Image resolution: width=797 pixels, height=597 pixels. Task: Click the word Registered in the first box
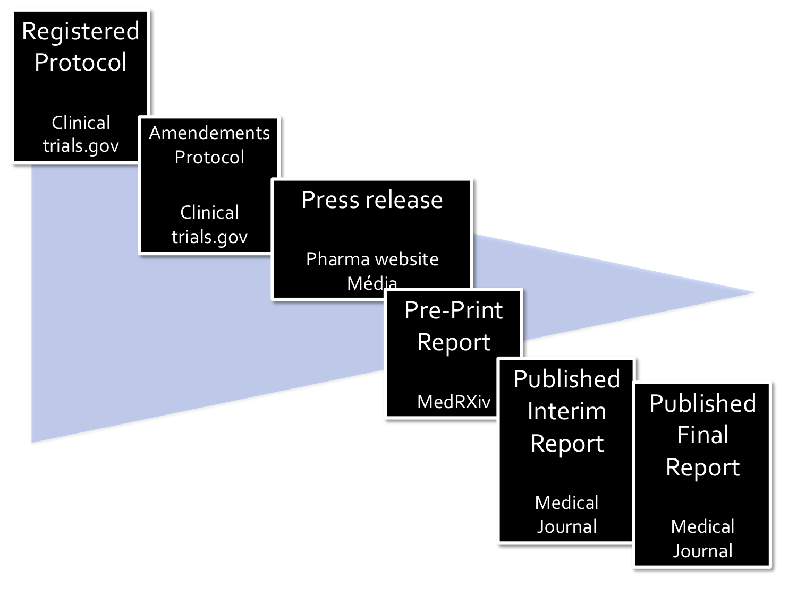[80, 31]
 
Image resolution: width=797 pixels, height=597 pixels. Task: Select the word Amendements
[209, 133]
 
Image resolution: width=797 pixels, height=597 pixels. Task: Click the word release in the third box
[403, 200]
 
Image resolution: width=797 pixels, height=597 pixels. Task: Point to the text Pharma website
[372, 259]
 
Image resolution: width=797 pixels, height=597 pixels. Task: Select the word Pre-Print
[453, 310]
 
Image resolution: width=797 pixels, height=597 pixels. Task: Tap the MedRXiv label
[453, 402]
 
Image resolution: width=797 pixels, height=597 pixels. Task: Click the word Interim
[566, 411]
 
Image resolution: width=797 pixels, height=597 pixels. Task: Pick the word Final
[702, 435]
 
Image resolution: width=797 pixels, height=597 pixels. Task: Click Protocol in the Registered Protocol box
[80, 63]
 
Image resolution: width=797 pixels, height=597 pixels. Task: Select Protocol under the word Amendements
[209, 157]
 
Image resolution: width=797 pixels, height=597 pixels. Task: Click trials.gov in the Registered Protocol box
[81, 145]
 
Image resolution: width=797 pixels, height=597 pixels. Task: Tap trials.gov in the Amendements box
[209, 237]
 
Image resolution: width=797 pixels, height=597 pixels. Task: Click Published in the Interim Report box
[566, 379]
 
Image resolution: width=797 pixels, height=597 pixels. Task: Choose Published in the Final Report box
[702, 403]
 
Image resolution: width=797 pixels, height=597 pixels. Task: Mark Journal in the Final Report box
[702, 551]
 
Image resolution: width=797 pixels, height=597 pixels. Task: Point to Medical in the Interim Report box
[566, 502]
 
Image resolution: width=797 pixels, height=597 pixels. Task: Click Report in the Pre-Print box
[453, 342]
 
